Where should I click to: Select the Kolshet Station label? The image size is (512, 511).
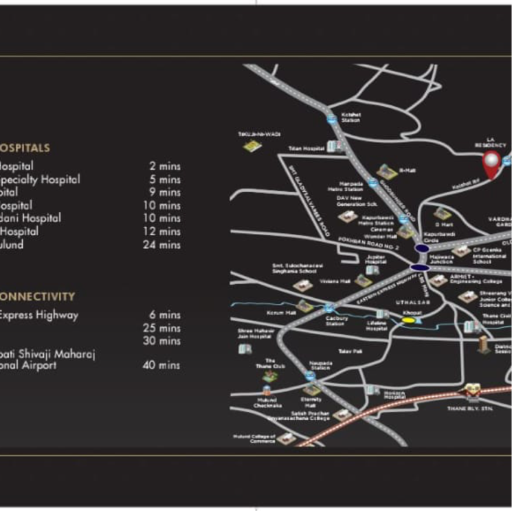point(350,117)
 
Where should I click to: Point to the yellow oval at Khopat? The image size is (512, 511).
point(409,319)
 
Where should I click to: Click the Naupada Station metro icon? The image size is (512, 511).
point(311,376)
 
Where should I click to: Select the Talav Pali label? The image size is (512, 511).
point(346,351)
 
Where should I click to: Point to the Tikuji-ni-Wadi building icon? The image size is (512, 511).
point(252,146)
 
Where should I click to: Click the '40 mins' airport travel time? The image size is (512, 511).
point(162,365)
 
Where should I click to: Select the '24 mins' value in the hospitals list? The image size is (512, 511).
point(162,244)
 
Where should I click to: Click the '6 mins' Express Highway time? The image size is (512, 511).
point(165,315)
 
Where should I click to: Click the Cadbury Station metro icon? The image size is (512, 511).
point(329,307)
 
